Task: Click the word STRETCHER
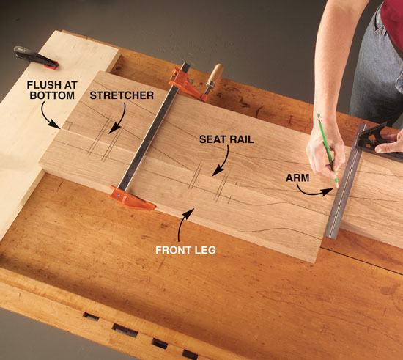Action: coord(122,95)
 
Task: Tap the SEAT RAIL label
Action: coord(226,139)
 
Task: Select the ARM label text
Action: coord(297,178)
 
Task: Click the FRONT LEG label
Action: coord(185,250)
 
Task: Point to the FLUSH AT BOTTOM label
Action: coord(52,90)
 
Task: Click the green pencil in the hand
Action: coord(328,150)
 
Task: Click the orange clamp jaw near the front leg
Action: coord(131,199)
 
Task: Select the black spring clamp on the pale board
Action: coord(36,58)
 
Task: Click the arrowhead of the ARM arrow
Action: coord(328,191)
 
